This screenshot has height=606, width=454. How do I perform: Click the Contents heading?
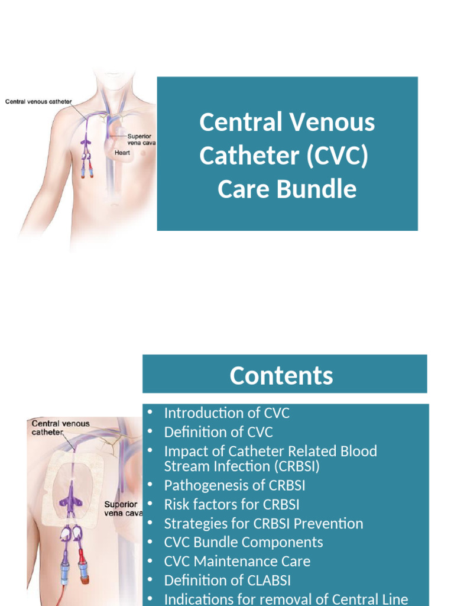click(x=281, y=376)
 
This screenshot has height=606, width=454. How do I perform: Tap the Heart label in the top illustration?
click(x=122, y=153)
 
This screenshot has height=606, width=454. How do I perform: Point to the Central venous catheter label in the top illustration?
click(x=38, y=101)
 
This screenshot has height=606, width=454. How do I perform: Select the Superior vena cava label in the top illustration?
click(x=141, y=140)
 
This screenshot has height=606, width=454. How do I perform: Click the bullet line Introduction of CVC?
click(x=227, y=413)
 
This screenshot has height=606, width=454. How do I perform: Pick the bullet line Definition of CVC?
click(x=218, y=432)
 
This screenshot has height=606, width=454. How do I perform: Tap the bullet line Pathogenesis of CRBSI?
click(x=235, y=485)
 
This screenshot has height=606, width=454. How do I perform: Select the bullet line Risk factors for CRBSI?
click(x=232, y=504)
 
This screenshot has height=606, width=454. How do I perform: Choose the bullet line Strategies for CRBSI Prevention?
click(x=264, y=523)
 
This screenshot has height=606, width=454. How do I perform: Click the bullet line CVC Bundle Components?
click(x=244, y=542)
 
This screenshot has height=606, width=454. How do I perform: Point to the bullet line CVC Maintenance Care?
click(x=237, y=561)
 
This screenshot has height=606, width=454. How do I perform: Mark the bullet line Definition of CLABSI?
click(x=228, y=580)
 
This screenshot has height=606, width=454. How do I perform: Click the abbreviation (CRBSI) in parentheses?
click(x=290, y=466)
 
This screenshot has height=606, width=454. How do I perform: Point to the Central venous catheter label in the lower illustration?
click(x=60, y=427)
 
